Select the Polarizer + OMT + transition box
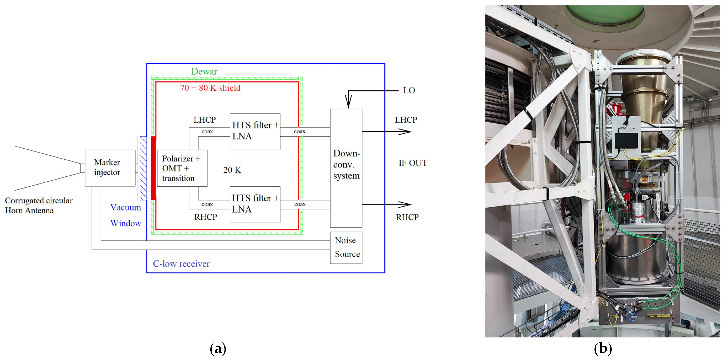click(182, 168)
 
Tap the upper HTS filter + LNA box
click(255, 131)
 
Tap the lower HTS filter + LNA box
click(255, 205)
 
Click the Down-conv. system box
click(346, 168)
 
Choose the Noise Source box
click(346, 247)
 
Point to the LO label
click(409, 90)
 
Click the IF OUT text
click(413, 163)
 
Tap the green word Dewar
click(204, 72)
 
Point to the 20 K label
click(232, 170)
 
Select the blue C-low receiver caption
click(181, 264)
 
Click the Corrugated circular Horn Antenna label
click(39, 205)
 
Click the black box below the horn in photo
click(626, 140)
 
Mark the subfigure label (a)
click(218, 349)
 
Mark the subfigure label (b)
click(603, 349)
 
